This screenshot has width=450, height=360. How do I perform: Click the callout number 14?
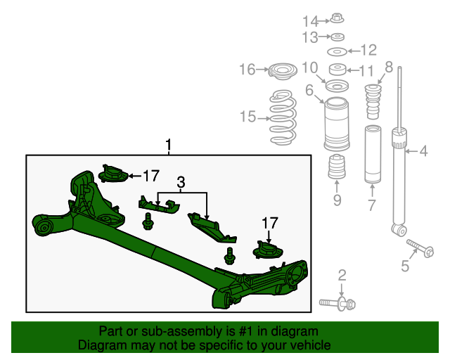(311, 20)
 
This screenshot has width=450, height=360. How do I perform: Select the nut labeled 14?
(336, 20)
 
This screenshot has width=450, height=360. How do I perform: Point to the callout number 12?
(368, 50)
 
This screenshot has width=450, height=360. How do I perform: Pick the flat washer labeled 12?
(337, 52)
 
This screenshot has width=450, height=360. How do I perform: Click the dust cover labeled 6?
(336, 124)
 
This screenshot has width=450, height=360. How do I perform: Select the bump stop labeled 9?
(336, 170)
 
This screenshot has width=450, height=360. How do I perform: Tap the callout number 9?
(337, 202)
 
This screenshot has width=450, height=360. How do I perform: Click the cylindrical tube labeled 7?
(373, 153)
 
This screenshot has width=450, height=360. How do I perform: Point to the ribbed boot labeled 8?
(372, 103)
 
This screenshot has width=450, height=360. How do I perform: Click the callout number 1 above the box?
(169, 145)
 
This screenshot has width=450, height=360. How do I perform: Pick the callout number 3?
(181, 183)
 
